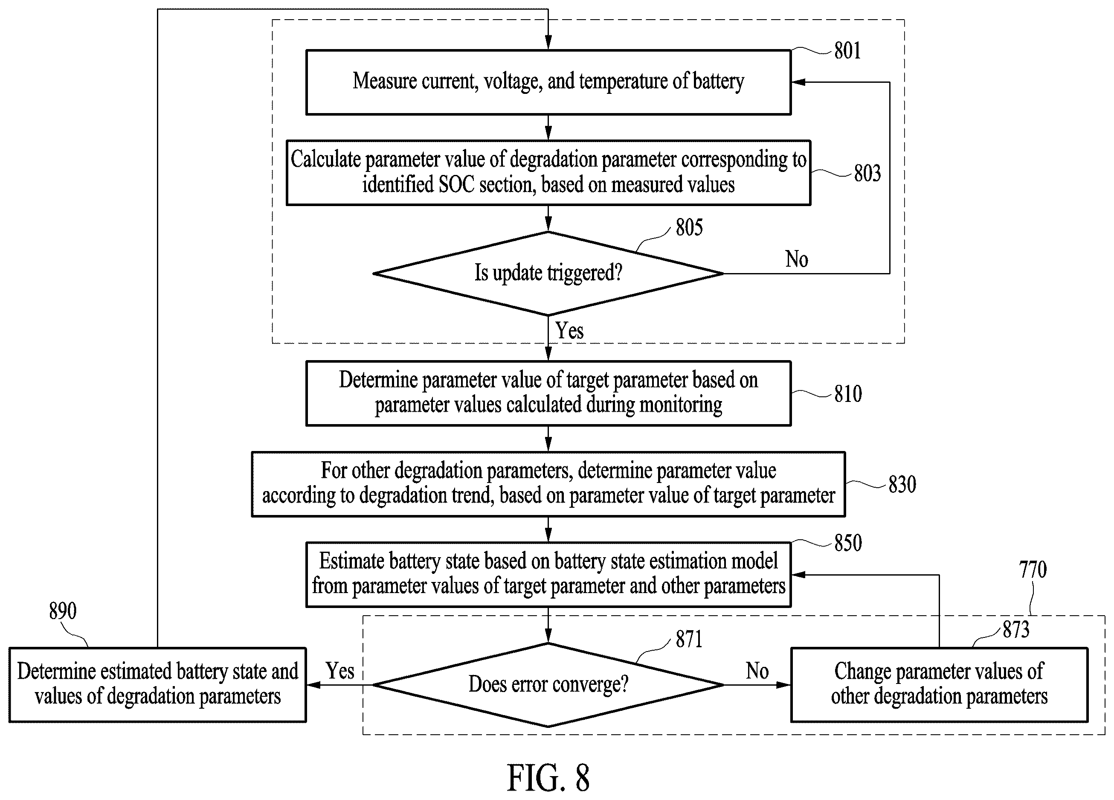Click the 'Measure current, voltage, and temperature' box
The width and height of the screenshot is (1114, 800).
click(x=548, y=82)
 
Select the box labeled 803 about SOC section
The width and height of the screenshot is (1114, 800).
click(x=548, y=172)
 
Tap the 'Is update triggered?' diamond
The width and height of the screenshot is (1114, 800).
click(x=548, y=273)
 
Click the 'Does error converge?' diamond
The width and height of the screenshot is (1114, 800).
click(x=548, y=684)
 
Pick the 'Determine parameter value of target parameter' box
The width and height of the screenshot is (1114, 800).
click(x=548, y=393)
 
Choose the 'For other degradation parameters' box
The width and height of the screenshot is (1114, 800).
click(x=548, y=484)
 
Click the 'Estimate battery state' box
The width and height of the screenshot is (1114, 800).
click(x=548, y=574)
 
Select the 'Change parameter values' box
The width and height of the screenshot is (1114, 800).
click(x=939, y=684)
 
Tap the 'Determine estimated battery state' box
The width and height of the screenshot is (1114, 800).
click(x=158, y=684)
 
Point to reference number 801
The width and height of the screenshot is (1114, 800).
click(x=847, y=51)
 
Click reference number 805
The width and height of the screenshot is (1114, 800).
click(x=689, y=227)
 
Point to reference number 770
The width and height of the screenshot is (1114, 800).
click(x=1033, y=570)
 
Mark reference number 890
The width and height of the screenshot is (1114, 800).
click(x=63, y=611)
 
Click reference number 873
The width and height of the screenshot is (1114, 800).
click(x=1016, y=629)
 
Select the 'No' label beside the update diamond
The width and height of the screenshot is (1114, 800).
click(x=796, y=259)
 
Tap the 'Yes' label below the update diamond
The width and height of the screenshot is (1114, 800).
click(x=570, y=330)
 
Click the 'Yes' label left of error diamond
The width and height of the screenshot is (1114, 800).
click(x=340, y=671)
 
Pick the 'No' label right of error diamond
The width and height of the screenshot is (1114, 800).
click(x=757, y=671)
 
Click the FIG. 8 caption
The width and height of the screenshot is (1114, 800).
click(x=548, y=778)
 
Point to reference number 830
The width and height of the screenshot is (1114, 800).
click(x=902, y=485)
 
